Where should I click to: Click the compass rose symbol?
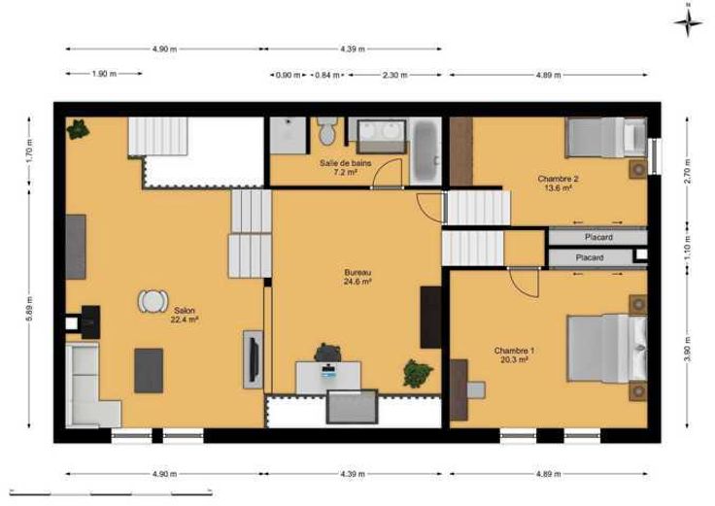[689, 22]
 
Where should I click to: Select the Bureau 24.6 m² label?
[357, 277]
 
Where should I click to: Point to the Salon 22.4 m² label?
[185, 315]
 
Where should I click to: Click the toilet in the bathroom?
[327, 131]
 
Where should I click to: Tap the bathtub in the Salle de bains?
[426, 151]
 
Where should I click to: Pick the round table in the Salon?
[153, 301]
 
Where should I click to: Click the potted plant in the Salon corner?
[78, 129]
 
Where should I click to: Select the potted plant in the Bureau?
[418, 373]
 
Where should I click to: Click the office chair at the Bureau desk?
[327, 353]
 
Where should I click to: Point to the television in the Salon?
[254, 359]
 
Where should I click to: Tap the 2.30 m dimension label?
[394, 75]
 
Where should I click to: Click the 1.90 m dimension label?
[104, 74]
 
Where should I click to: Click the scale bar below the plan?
[111, 492]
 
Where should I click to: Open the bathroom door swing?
[388, 173]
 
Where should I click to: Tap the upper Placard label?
[598, 237]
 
